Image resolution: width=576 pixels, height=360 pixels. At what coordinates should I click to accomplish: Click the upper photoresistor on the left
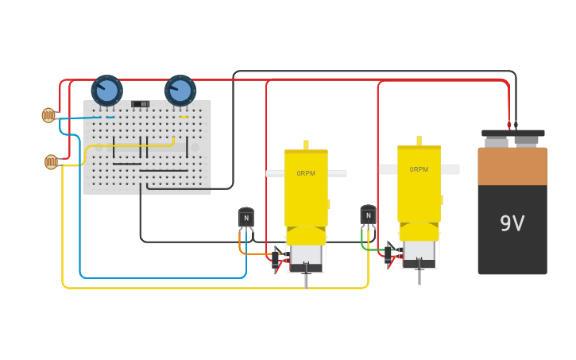tap(48, 115)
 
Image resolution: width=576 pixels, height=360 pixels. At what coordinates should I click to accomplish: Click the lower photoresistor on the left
tap(51, 162)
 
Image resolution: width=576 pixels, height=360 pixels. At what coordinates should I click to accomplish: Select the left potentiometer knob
tap(106, 90)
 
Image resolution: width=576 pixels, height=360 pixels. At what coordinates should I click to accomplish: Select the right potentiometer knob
tap(180, 91)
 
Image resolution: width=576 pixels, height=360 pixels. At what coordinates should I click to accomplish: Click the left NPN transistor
tap(246, 217)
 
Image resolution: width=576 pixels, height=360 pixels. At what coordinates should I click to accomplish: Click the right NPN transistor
tap(368, 215)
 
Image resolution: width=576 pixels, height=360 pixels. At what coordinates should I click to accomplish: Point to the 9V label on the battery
tap(512, 223)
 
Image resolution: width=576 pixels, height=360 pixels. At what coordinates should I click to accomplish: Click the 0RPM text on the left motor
tap(306, 173)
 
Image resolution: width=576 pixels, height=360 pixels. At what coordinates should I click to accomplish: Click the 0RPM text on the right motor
tap(419, 169)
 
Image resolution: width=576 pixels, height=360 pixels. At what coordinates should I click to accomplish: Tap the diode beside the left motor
tap(276, 257)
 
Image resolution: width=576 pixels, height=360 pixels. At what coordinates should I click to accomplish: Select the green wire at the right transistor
tap(363, 242)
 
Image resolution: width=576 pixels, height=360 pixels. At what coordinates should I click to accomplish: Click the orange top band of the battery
tap(512, 166)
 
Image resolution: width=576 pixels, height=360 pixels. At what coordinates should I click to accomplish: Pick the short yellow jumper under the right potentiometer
tap(184, 118)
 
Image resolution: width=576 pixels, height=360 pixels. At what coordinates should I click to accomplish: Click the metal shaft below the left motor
tap(306, 279)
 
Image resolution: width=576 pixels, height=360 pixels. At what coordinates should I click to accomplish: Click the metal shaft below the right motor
tap(419, 276)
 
